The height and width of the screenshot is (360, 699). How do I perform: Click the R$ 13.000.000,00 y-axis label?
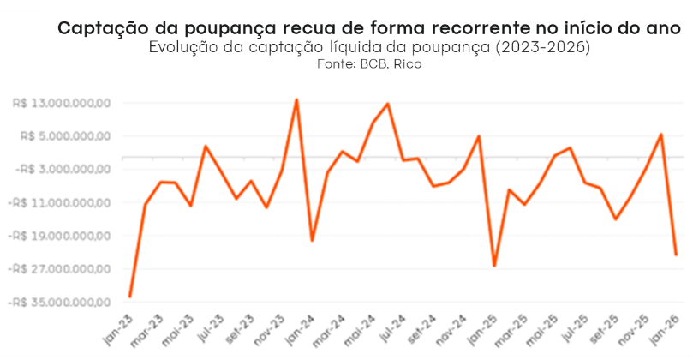[63, 103]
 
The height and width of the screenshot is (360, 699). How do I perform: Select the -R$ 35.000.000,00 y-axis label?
[61, 303]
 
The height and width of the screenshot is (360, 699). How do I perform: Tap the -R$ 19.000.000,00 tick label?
[61, 236]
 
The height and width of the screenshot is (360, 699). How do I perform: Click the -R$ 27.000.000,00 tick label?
[61, 269]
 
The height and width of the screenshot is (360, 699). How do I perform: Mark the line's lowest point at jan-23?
[130, 297]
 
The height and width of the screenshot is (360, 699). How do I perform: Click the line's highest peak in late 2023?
[296, 100]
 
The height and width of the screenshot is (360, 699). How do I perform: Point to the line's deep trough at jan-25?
[494, 266]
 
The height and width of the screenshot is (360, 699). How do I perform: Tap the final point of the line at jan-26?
[677, 255]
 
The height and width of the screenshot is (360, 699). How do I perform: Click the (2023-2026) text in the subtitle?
[543, 47]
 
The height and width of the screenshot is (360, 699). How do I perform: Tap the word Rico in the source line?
[409, 64]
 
